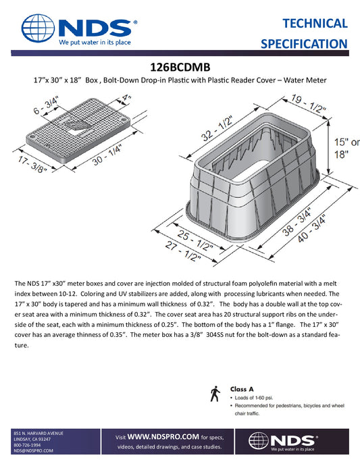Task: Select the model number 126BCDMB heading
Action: [x=180, y=68]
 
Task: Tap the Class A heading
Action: [x=242, y=390]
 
